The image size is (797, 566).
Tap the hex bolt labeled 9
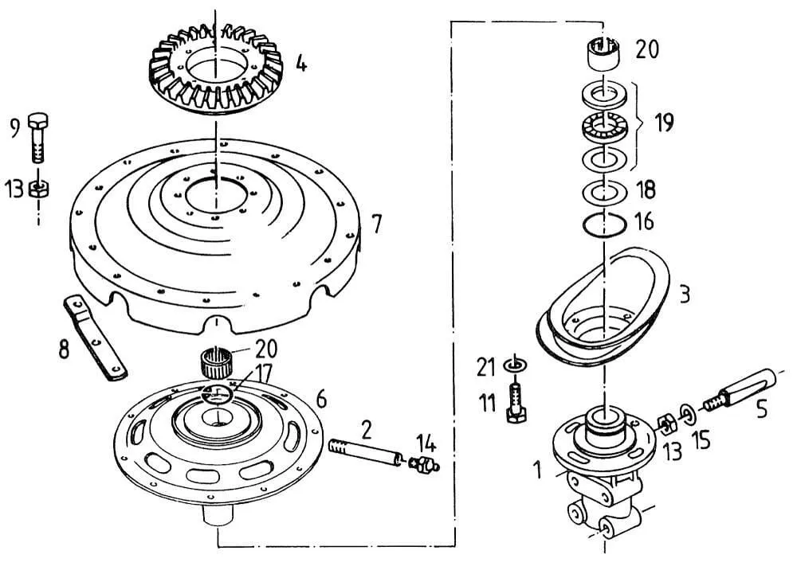click(x=38, y=137)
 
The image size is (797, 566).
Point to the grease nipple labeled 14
click(x=423, y=464)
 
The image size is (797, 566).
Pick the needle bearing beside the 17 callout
click(x=215, y=362)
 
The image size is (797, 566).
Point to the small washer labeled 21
click(x=514, y=364)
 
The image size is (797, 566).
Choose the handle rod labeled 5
click(x=740, y=390)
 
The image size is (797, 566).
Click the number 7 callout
click(x=376, y=224)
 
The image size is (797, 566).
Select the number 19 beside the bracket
click(x=664, y=123)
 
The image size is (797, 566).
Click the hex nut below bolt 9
click(x=38, y=189)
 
